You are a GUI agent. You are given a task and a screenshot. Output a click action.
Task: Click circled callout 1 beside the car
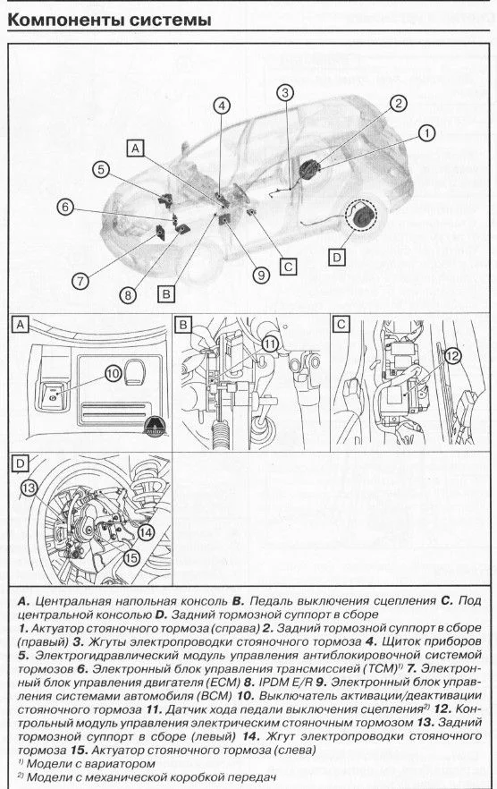pyautogui.click(x=427, y=133)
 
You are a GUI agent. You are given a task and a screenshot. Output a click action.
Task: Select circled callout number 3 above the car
pyautogui.click(x=285, y=93)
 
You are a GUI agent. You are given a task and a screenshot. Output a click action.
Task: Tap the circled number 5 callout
pyautogui.click(x=101, y=170)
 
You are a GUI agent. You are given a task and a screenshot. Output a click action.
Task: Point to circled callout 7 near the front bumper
pyautogui.click(x=80, y=281)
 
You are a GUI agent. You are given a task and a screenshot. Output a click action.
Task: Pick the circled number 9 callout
pyautogui.click(x=261, y=275)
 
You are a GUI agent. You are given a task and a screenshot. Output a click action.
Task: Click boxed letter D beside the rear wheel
pyautogui.click(x=336, y=258)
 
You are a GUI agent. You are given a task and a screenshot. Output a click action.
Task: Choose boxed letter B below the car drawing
pyautogui.click(x=166, y=293)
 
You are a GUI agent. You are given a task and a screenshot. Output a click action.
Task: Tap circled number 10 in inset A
pyautogui.click(x=114, y=373)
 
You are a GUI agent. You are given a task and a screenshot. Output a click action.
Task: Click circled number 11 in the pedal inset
pyautogui.click(x=270, y=344)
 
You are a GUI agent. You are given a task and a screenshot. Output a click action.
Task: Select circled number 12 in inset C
pyautogui.click(x=452, y=356)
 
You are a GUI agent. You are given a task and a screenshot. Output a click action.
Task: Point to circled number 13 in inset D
pyautogui.click(x=29, y=488)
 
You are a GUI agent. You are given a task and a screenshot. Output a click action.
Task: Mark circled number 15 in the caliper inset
pyautogui.click(x=131, y=557)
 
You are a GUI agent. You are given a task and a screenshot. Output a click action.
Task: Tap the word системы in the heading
pyautogui.click(x=170, y=20)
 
